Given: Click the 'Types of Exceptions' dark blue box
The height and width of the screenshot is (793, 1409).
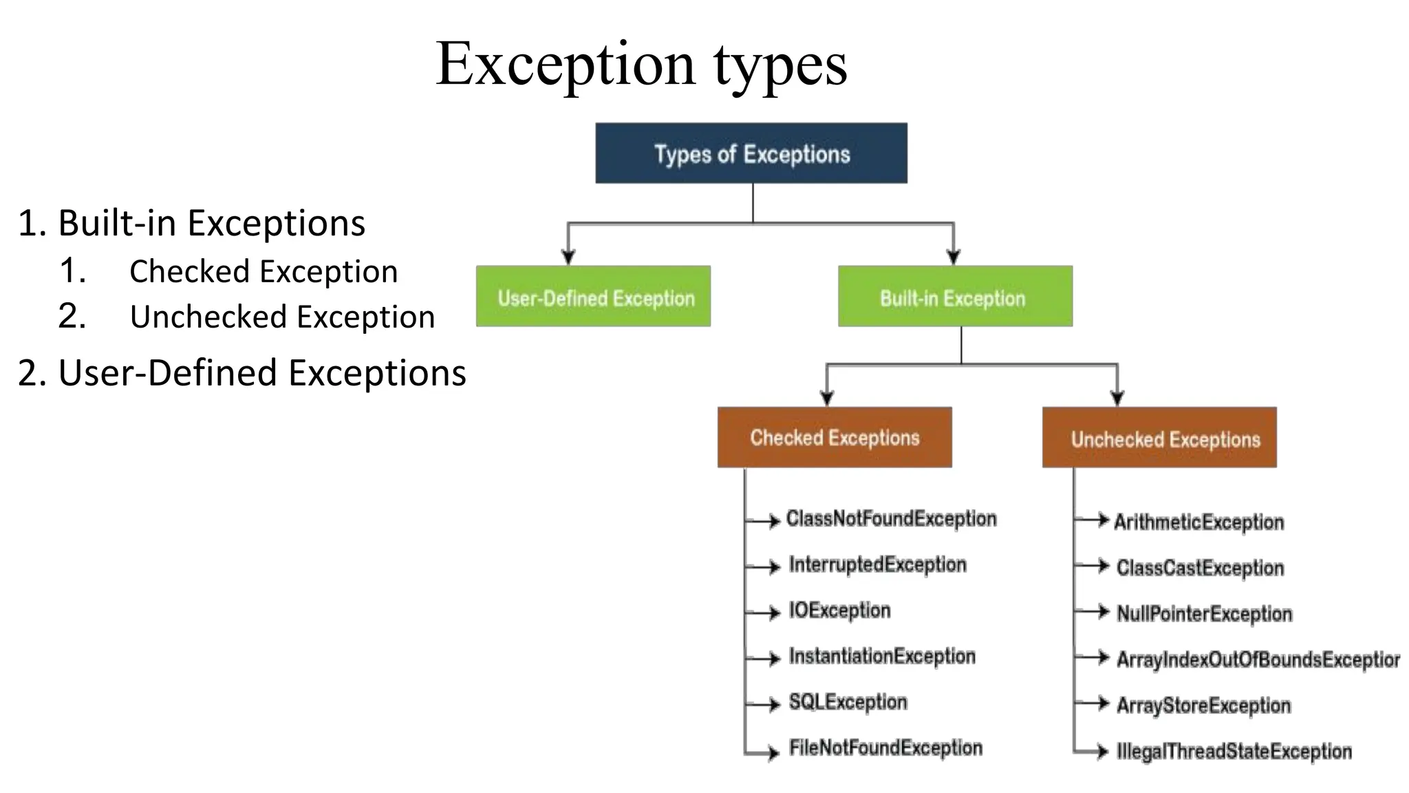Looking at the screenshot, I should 751,154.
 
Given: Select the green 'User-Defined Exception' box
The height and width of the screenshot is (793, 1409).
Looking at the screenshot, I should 593,297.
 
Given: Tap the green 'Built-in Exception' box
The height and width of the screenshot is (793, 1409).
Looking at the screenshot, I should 954,297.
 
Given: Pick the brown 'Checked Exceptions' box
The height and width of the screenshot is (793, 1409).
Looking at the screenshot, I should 834,437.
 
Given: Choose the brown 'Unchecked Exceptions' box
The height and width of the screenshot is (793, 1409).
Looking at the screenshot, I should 1159,438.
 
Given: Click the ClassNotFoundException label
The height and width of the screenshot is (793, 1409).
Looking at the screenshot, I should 890,519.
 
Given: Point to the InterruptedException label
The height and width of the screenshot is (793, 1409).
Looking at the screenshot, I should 877,564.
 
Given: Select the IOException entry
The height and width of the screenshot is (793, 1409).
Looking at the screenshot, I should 839,611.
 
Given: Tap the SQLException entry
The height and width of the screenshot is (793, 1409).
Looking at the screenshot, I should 848,702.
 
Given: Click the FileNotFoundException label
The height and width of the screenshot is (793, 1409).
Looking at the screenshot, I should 885,748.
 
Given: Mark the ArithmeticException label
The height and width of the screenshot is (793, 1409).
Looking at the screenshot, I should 1198,522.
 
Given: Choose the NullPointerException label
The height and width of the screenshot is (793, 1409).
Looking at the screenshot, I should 1204,613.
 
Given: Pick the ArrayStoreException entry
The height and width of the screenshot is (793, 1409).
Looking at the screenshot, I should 1203,706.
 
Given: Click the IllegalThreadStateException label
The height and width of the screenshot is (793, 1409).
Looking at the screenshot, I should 1234,751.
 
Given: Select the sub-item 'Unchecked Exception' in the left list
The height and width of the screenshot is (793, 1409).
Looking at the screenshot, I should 282,317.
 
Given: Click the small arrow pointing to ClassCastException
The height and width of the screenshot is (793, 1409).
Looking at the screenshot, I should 1102,566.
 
